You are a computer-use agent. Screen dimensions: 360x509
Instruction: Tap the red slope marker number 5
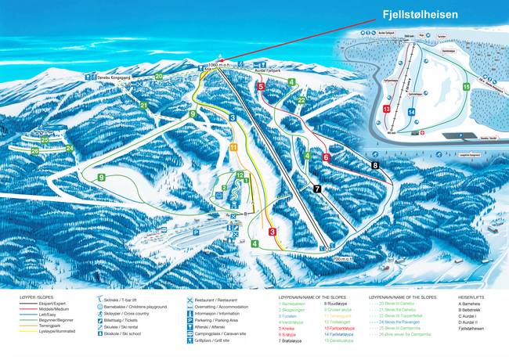[x=260, y=87]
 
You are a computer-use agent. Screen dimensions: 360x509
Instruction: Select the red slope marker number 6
[x=326, y=157]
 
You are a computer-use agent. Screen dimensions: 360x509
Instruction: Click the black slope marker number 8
[x=375, y=165]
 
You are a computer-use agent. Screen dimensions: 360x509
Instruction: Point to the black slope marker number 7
[x=316, y=189]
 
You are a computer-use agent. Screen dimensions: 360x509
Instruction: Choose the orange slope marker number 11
[x=233, y=146]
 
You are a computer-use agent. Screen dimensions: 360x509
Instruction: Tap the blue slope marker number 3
[x=233, y=117]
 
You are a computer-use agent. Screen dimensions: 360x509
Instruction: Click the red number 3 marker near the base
[x=272, y=232]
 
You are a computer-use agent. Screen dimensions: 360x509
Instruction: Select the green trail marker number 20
[x=159, y=76]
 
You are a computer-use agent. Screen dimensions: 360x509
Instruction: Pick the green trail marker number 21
[x=144, y=105]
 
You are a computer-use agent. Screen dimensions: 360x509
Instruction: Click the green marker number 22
[x=301, y=99]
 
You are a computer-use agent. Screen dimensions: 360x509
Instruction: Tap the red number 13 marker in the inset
[x=387, y=109]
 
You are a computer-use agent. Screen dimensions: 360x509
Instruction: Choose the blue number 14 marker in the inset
[x=410, y=111]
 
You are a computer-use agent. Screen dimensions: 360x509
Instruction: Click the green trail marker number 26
[x=34, y=149]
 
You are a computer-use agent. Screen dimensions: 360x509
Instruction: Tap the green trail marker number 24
[x=69, y=148]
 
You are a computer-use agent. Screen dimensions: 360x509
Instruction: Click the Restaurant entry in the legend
[x=212, y=301]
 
